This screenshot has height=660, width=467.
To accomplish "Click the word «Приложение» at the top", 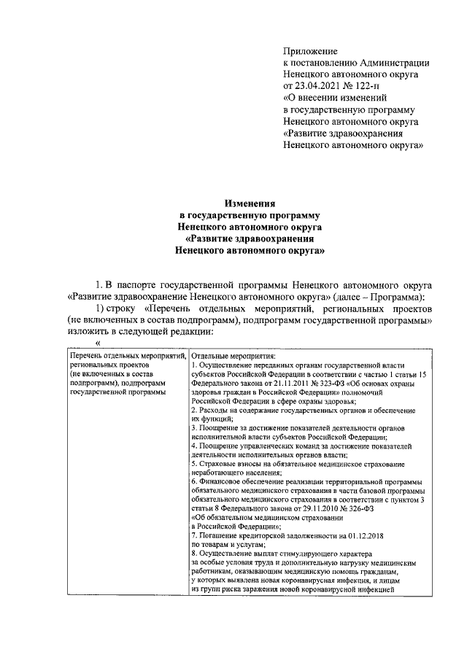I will (x=310, y=51).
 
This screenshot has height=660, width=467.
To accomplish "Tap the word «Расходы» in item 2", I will (x=215, y=412).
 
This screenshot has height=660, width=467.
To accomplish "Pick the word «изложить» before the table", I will (x=88, y=331).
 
